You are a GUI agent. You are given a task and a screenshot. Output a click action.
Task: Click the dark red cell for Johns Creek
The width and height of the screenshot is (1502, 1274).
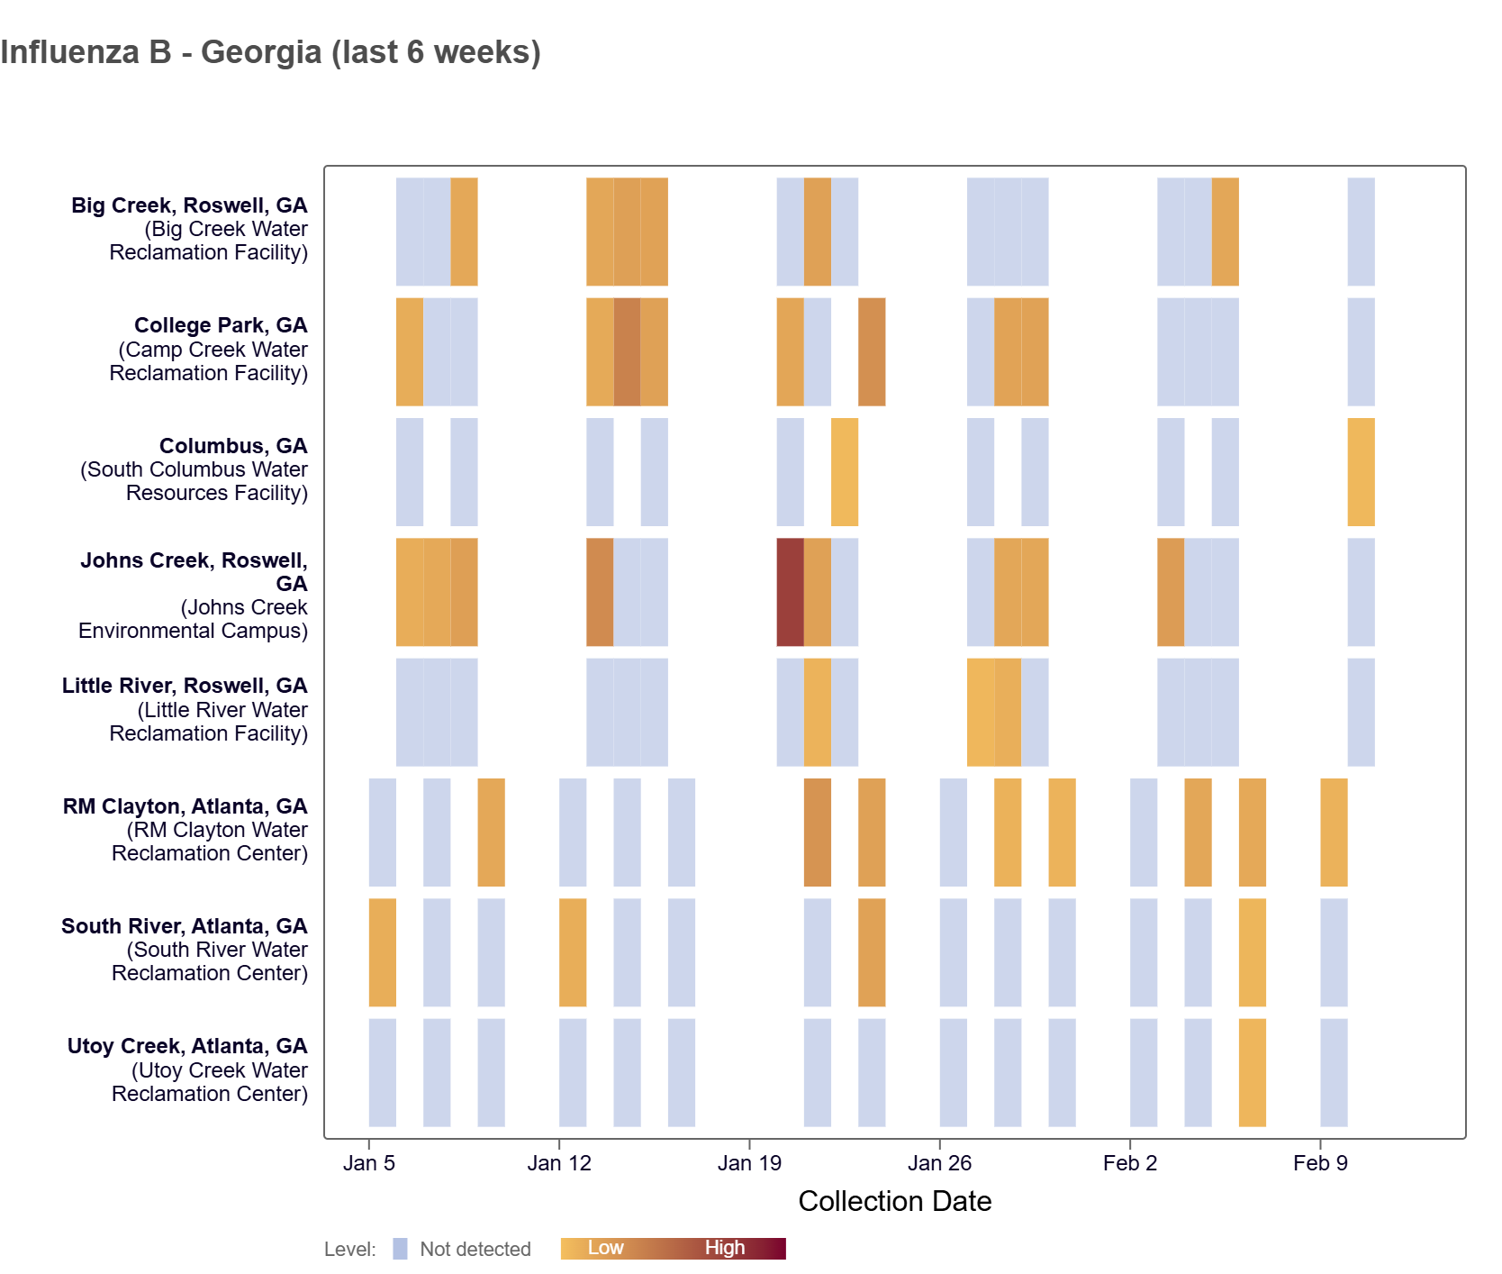click(790, 592)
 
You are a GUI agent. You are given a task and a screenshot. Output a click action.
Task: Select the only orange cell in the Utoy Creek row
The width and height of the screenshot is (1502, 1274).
click(1252, 1072)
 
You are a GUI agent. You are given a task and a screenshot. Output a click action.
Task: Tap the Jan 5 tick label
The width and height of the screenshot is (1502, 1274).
click(368, 1163)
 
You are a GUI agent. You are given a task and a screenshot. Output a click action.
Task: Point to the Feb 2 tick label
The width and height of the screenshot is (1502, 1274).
click(1129, 1163)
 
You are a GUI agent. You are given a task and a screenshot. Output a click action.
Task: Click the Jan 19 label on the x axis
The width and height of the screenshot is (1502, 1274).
click(749, 1163)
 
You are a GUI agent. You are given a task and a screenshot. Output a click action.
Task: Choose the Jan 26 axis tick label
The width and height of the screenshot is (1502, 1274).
click(939, 1163)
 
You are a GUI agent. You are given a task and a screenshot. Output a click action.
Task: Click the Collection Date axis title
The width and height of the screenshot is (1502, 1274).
click(894, 1201)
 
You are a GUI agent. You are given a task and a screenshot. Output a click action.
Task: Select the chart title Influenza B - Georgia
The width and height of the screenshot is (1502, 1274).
click(270, 52)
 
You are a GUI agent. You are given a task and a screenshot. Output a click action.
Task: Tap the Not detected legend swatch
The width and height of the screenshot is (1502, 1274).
click(400, 1249)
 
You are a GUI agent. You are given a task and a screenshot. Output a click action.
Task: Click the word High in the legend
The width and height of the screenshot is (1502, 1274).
click(724, 1248)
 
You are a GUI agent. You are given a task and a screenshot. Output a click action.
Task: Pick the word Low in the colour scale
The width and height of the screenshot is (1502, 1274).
click(605, 1248)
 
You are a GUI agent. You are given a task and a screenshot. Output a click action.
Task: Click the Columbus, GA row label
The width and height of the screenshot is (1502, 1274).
click(233, 446)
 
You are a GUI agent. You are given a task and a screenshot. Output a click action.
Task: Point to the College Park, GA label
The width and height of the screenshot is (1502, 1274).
click(221, 325)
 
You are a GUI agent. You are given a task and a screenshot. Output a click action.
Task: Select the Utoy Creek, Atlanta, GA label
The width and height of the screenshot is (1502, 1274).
click(187, 1046)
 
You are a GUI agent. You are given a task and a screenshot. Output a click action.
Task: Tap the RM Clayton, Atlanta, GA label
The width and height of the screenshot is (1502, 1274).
click(185, 806)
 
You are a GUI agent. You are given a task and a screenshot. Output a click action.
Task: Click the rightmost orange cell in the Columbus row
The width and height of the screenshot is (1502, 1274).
click(1361, 472)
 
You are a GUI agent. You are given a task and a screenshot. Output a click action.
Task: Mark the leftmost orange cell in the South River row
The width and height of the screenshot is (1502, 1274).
click(382, 952)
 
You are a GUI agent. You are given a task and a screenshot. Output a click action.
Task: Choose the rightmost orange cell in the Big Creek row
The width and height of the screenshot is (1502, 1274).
click(1225, 232)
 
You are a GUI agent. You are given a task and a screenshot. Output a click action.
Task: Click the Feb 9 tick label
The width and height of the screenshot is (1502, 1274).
click(1320, 1163)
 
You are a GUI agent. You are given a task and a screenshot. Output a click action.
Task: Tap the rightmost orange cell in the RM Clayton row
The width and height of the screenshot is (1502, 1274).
click(1334, 833)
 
